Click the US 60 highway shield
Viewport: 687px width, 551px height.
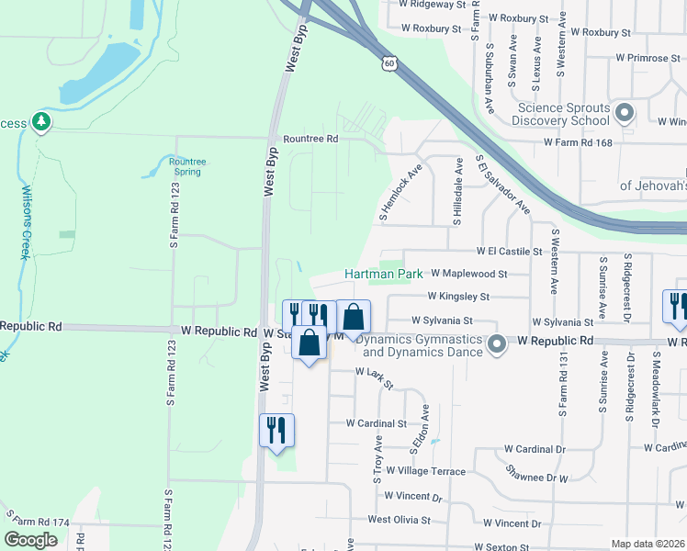pos(389,62)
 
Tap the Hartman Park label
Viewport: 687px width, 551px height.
pos(383,274)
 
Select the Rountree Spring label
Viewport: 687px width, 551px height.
pos(187,166)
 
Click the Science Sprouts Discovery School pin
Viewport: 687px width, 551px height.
pos(625,114)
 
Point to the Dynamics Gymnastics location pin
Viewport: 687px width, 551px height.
pos(497,345)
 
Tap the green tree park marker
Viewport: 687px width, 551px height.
pos(40,121)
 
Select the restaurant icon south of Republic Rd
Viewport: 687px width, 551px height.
pos(276,430)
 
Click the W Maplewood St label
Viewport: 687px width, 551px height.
pos(468,274)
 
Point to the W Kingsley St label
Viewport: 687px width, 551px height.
pos(458,297)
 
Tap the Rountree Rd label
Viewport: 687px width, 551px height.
pos(310,139)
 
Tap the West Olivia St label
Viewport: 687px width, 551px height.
pos(399,520)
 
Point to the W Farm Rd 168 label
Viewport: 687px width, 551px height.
pos(578,142)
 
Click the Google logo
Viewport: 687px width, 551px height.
pos(31,540)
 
